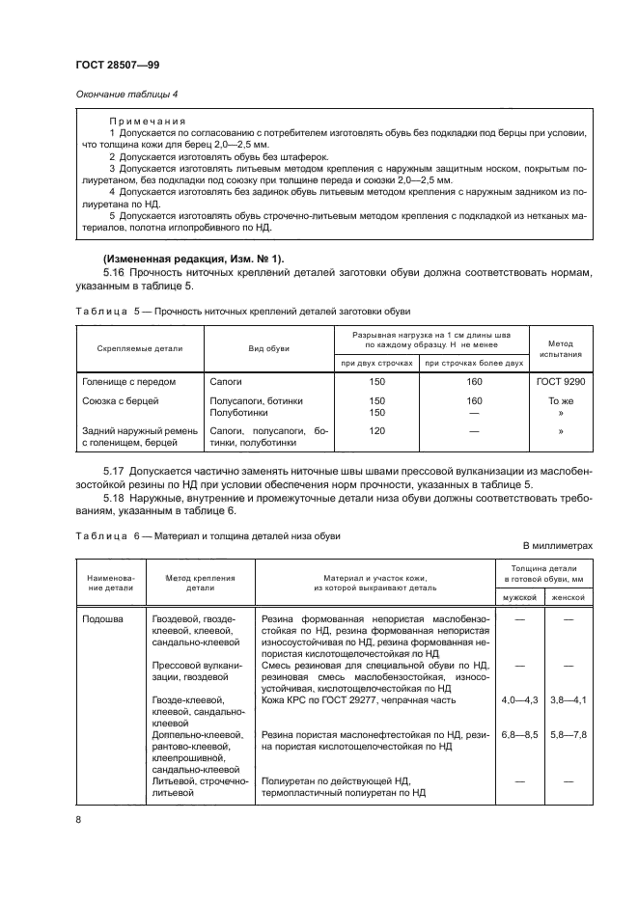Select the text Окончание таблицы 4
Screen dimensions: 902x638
point(122,94)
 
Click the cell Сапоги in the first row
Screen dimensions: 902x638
point(228,382)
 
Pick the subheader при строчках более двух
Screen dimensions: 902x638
point(474,363)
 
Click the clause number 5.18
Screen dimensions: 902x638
point(113,498)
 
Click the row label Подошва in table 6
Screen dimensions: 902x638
point(102,619)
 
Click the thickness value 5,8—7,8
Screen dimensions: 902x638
point(567,735)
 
